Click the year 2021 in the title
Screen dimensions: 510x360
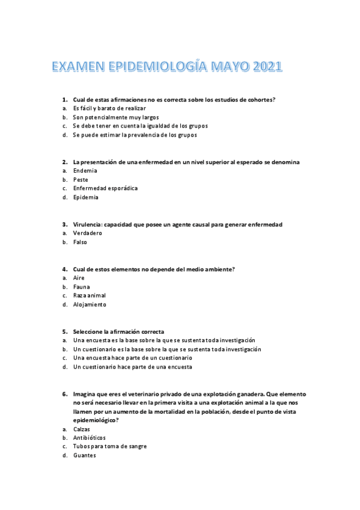263,67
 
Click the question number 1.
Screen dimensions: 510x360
64,99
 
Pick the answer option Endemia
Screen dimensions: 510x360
85,171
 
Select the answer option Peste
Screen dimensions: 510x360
81,180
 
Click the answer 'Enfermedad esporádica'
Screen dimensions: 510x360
105,188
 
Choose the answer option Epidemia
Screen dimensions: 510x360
86,197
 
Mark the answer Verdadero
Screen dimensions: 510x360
88,233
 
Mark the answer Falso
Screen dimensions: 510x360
80,242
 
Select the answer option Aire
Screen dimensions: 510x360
79,278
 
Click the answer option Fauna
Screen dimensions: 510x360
81,287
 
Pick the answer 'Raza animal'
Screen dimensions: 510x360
90,296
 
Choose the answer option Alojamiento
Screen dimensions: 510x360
90,305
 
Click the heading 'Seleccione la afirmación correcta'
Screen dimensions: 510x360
118,331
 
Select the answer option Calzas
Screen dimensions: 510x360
82,429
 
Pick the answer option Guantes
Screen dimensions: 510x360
84,456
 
